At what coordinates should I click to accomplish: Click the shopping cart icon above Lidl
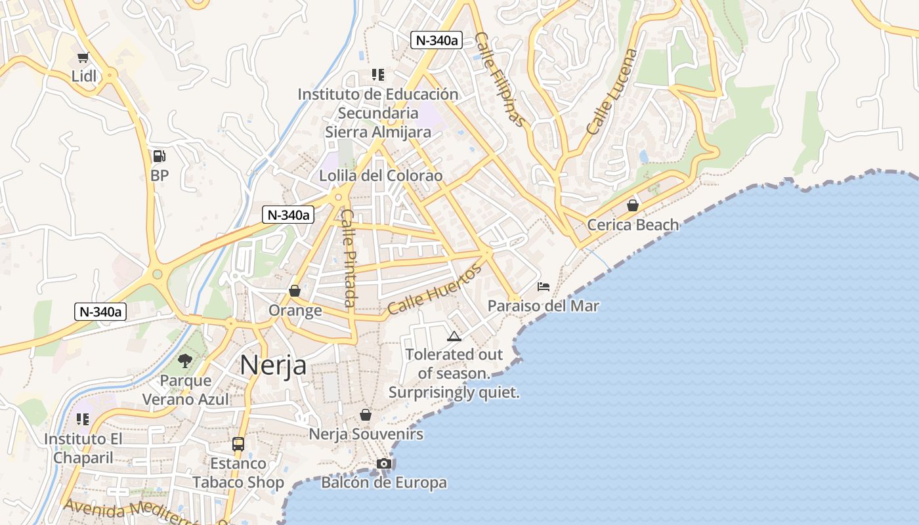83,58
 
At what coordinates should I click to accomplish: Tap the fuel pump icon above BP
159,156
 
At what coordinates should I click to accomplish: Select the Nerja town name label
273,365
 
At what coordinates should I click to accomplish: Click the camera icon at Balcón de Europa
384,464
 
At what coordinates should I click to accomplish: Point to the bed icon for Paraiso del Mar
544,287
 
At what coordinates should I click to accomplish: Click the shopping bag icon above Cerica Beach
633,205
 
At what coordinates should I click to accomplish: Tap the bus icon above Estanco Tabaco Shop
238,444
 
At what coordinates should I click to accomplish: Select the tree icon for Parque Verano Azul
185,360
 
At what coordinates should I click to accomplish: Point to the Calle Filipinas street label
501,79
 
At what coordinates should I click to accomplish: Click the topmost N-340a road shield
437,40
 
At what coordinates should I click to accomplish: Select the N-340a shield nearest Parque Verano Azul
100,312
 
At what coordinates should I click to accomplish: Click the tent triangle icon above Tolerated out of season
454,337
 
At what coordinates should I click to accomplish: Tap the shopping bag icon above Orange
295,291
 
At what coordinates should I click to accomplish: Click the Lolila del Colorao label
381,176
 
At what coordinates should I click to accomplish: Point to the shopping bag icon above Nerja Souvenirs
366,415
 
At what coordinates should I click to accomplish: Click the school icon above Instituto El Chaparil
83,419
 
